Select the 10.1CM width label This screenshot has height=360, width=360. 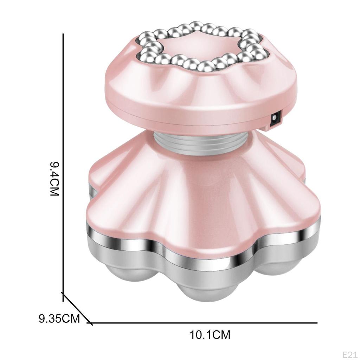[x=210, y=335]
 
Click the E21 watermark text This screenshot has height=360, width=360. [x=351, y=355]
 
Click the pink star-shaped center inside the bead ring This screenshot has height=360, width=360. [x=200, y=46]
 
